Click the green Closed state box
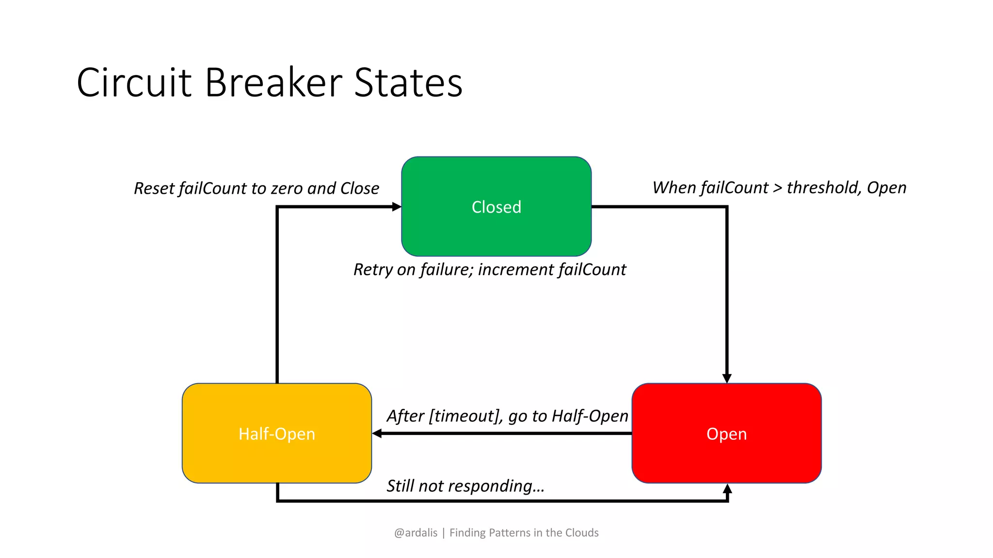[496, 207]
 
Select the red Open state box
[726, 434]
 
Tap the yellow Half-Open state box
[276, 434]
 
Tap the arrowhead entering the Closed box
[397, 207]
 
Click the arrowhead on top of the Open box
[727, 378]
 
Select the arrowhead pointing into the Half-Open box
[377, 434]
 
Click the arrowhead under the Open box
[727, 489]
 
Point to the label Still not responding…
[465, 486]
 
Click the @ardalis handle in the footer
[416, 533]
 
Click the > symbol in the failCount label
[777, 188]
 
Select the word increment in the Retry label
[516, 269]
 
